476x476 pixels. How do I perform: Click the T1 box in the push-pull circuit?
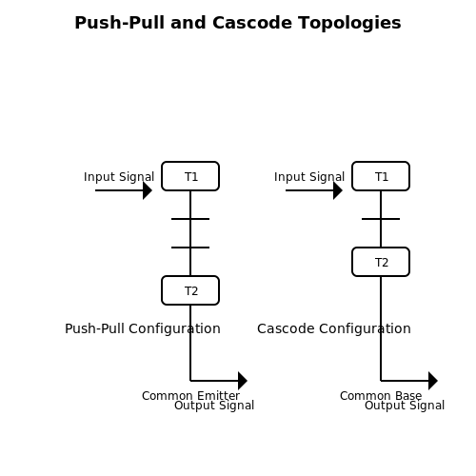[190, 176]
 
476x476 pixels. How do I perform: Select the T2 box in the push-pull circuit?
[190, 290]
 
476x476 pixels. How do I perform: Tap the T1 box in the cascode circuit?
[381, 176]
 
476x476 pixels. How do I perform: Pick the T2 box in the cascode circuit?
[381, 262]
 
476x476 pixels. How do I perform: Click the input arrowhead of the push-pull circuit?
[148, 190]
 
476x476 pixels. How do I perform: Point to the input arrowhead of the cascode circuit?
[338, 190]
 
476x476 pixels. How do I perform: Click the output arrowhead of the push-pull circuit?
[243, 381]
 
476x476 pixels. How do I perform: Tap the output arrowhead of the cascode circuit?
[433, 381]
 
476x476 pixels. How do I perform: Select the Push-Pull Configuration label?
[143, 328]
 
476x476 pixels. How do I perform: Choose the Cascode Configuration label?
[334, 328]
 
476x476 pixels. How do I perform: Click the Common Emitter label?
[190, 396]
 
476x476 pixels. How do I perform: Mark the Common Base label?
[381, 396]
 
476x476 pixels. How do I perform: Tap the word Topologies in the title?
[349, 24]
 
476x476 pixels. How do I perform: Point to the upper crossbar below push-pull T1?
[190, 219]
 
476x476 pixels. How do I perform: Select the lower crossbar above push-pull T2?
[190, 248]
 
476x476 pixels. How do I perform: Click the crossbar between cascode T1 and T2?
[381, 219]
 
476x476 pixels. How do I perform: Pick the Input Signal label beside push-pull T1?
[119, 177]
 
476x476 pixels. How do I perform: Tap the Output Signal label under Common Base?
[405, 406]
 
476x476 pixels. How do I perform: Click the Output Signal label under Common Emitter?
[214, 406]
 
